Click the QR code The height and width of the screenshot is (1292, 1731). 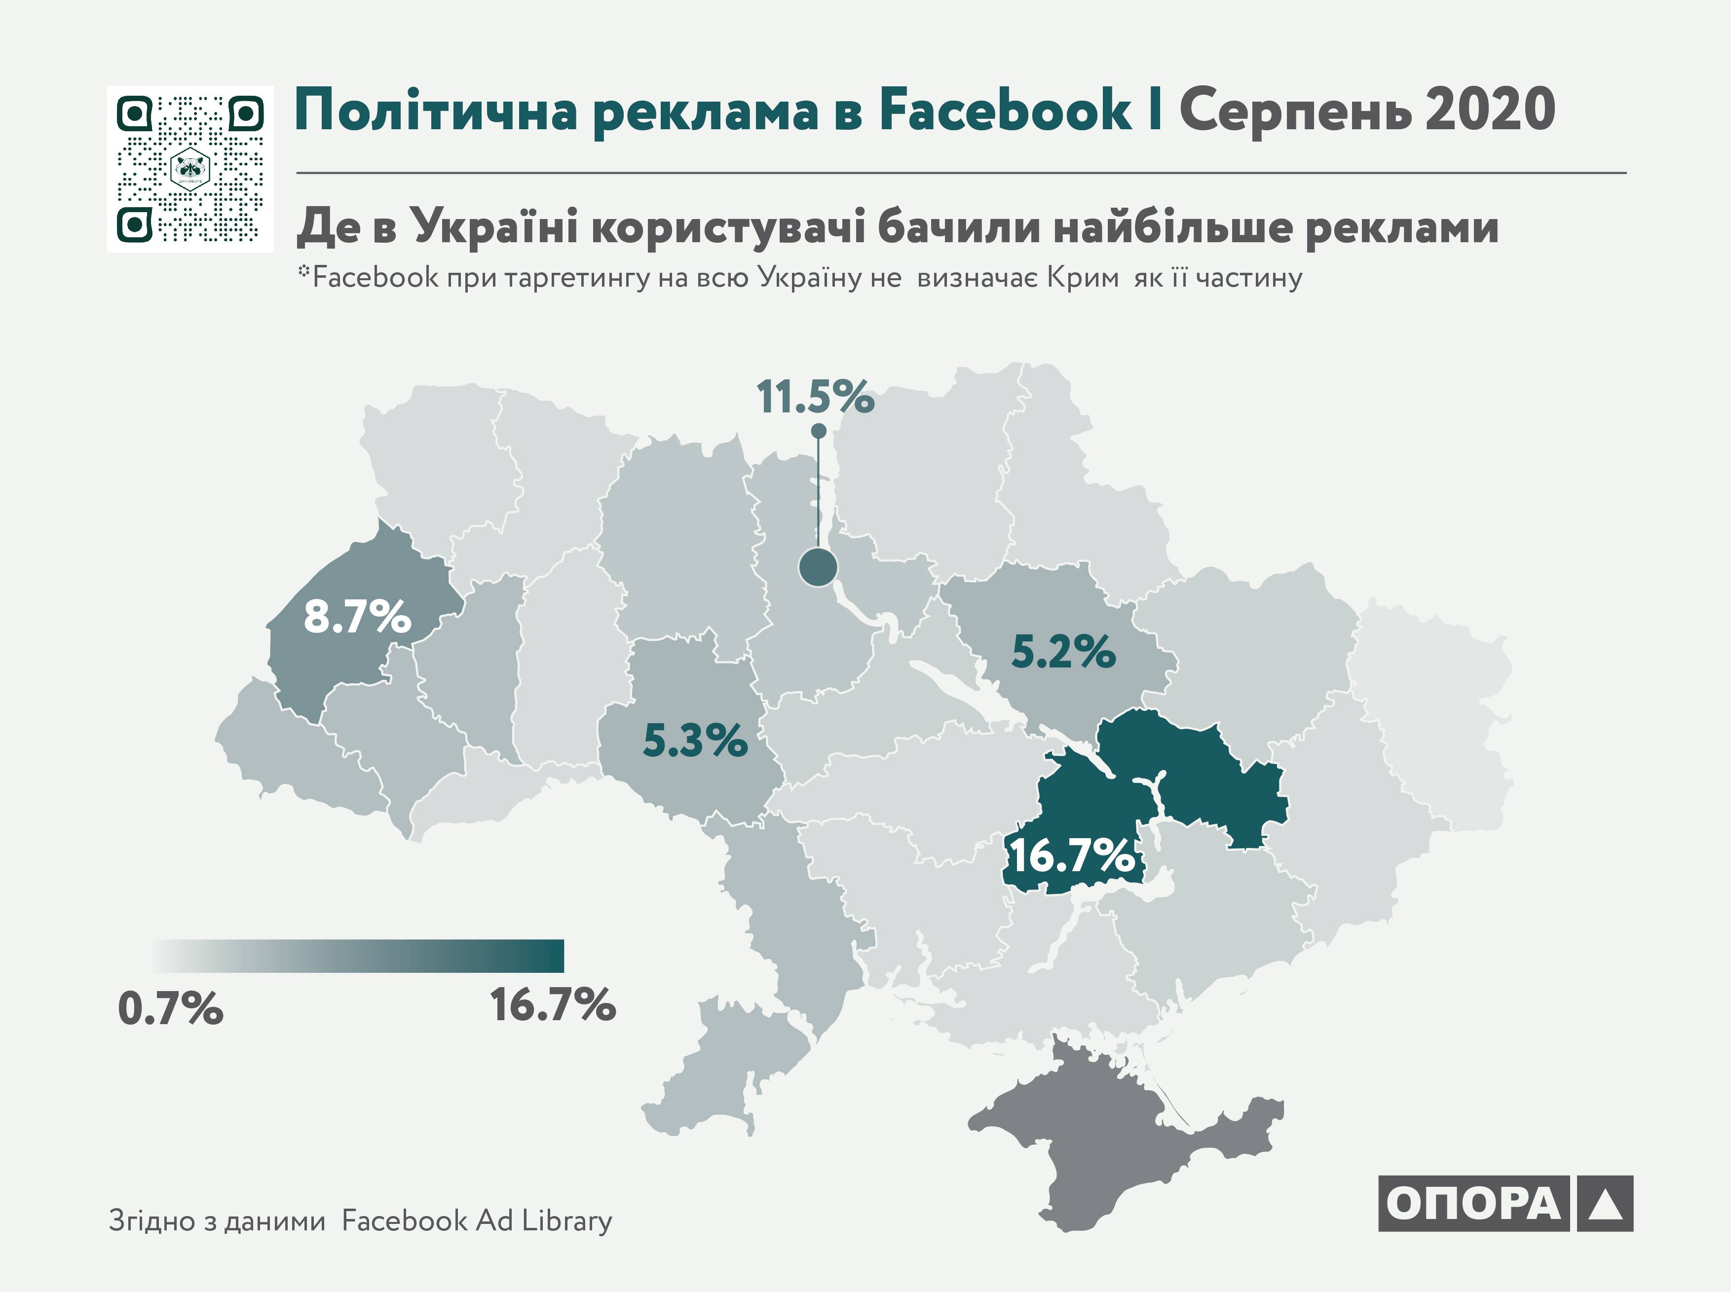[x=190, y=169]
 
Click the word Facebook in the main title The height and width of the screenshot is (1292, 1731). [x=1005, y=111]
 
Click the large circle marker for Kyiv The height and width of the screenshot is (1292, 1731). [x=818, y=567]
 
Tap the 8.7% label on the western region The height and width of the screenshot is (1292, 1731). [x=357, y=617]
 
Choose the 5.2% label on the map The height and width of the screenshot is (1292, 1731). [x=1063, y=652]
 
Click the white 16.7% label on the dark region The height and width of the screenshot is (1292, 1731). [x=1072, y=855]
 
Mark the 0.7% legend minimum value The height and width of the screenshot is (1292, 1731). [x=171, y=1009]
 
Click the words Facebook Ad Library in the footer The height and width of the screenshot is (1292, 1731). [x=477, y=1221]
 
